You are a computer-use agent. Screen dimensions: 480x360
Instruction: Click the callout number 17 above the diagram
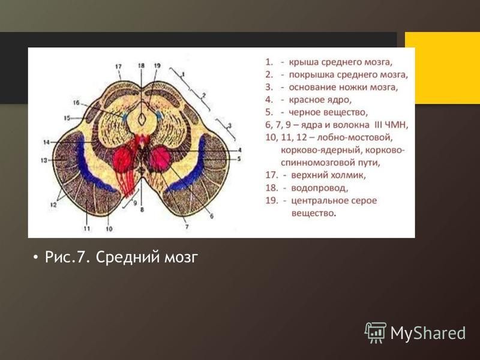(x=118, y=67)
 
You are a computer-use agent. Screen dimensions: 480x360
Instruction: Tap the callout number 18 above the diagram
(x=141, y=65)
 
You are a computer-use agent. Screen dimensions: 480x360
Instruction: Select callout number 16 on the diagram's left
(x=76, y=103)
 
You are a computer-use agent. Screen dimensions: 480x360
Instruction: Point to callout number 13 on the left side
(x=44, y=160)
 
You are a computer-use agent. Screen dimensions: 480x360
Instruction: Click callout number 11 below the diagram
(x=86, y=229)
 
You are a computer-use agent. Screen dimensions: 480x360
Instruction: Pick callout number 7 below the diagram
(x=187, y=227)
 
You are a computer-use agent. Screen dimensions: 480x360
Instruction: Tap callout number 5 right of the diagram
(x=239, y=159)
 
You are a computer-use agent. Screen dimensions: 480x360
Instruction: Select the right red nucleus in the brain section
(x=160, y=158)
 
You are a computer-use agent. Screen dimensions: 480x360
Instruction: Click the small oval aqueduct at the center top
(x=142, y=119)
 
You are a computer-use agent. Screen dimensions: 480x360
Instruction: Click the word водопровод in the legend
(x=319, y=188)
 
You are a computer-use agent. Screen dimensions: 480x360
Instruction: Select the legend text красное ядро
(x=320, y=100)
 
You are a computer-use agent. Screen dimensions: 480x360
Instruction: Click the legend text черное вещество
(x=328, y=112)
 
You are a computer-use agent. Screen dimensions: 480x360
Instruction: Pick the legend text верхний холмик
(x=328, y=175)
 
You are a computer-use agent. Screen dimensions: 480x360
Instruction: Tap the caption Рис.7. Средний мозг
(x=122, y=257)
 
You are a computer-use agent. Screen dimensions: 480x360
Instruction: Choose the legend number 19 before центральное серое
(x=272, y=200)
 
